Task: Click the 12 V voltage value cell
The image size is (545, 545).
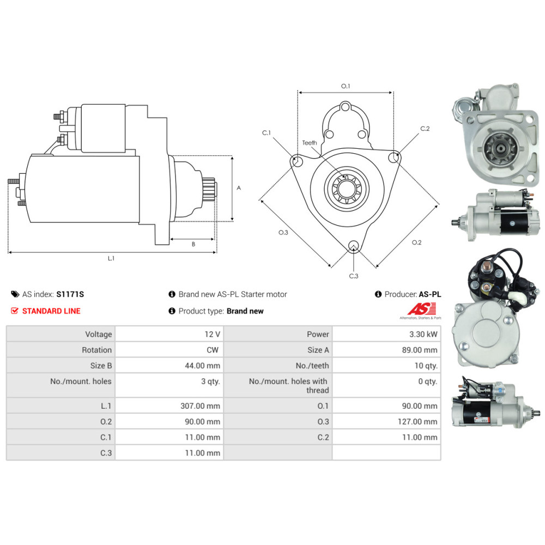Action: (x=214, y=334)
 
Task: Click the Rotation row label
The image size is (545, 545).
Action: (x=96, y=350)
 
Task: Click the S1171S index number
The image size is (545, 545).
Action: (x=70, y=294)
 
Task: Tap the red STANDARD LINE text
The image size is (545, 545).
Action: (x=51, y=311)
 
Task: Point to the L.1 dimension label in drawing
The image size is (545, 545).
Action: (x=111, y=258)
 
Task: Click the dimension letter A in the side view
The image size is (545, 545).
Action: (x=239, y=188)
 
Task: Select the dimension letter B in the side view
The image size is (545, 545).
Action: (x=193, y=244)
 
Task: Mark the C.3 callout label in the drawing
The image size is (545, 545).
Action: (x=354, y=276)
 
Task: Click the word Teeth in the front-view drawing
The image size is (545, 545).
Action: (x=310, y=143)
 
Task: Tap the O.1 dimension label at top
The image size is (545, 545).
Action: (x=345, y=86)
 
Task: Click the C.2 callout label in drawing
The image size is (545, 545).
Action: (x=425, y=129)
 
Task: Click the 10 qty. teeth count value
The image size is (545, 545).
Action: (x=426, y=366)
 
